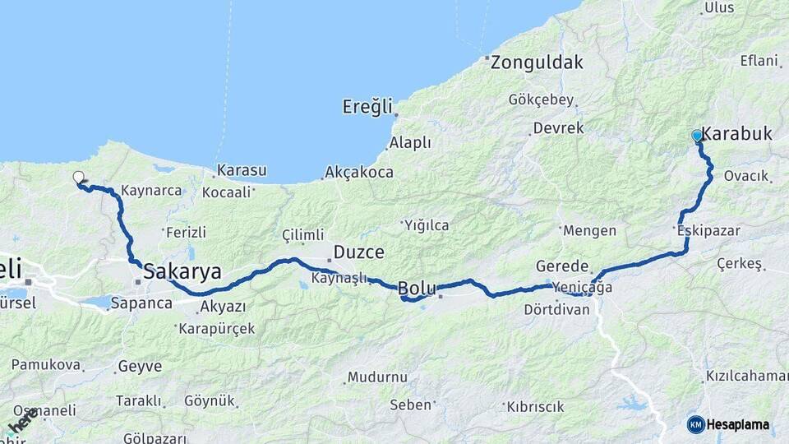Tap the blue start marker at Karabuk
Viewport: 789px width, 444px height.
coord(697,136)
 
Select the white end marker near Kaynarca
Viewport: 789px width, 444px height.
coord(78,177)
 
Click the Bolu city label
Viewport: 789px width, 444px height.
coord(416,288)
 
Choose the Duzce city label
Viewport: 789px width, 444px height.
coord(358,252)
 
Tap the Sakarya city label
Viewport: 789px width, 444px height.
coord(182,272)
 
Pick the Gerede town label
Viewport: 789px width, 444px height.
coord(562,266)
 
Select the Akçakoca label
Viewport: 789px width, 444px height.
coord(359,173)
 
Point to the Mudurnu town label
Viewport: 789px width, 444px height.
coord(377,377)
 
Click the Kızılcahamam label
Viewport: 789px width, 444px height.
coord(746,376)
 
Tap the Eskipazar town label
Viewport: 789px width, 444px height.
coord(708,231)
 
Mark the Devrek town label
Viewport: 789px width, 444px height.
coord(558,128)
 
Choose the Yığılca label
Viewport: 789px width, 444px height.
coord(426,224)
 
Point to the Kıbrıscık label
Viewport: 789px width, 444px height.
coord(536,406)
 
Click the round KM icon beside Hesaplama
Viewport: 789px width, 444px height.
coord(695,424)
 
